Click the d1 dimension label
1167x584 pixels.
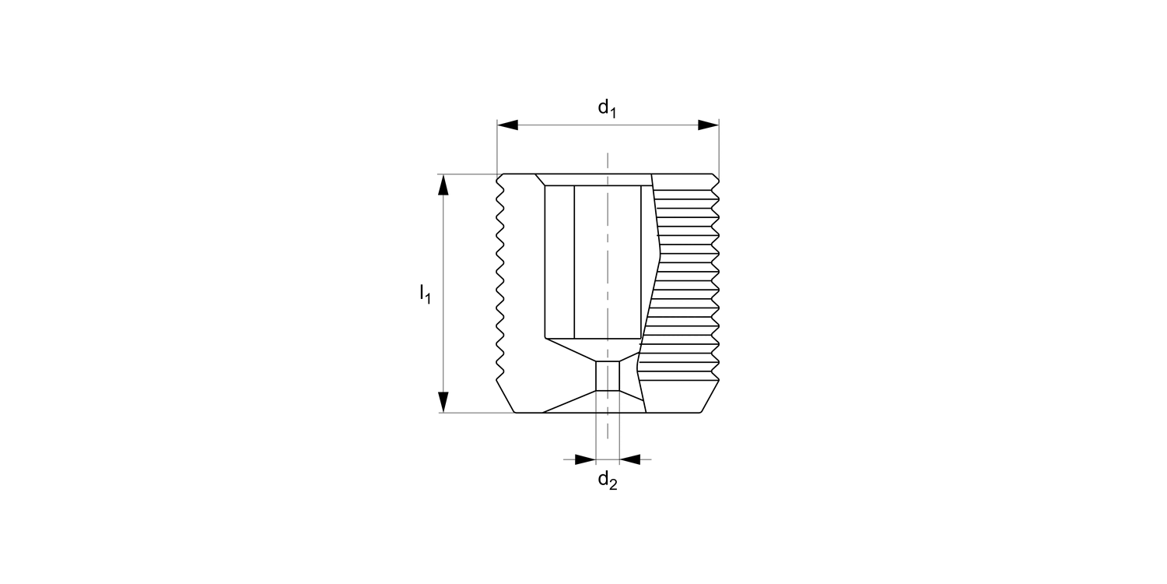click(x=607, y=109)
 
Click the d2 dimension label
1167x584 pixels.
click(x=607, y=480)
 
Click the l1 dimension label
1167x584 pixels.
click(x=425, y=294)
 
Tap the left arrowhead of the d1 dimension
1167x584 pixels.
click(x=508, y=125)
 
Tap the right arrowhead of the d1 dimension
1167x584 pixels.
click(x=708, y=125)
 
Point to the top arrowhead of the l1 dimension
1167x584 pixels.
click(x=443, y=185)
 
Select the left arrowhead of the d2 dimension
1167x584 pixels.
click(x=585, y=459)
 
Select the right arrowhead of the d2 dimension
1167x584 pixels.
click(x=630, y=459)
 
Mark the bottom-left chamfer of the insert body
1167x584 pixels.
click(x=506, y=397)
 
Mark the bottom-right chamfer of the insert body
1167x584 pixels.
click(x=710, y=397)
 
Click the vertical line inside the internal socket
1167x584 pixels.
click(x=574, y=262)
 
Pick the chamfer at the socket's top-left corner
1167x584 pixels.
click(x=540, y=180)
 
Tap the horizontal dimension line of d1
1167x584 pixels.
click(x=560, y=125)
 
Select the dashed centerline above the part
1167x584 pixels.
click(x=608, y=163)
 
